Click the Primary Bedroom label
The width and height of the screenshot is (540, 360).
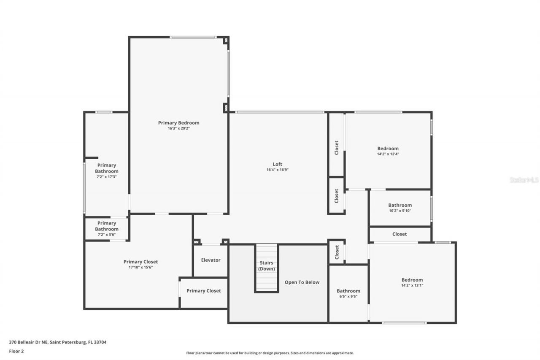point(178,123)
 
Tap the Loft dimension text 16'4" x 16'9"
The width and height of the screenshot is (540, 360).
point(277,170)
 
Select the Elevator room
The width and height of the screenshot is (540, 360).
point(211,260)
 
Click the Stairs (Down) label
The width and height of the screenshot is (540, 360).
point(266,266)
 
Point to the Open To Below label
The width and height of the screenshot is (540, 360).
point(302,282)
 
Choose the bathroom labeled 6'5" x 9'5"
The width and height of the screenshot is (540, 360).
point(348,294)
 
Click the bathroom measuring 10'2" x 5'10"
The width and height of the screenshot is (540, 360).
point(400,208)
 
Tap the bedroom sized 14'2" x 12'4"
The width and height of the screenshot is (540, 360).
point(388,151)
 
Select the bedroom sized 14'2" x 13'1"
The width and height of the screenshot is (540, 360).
point(412,282)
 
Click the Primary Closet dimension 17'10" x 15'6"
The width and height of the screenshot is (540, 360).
point(140,267)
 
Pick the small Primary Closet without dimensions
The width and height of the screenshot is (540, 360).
point(203,291)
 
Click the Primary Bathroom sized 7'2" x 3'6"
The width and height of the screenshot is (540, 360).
point(106,229)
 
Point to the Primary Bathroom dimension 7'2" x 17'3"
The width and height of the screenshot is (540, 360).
point(106,177)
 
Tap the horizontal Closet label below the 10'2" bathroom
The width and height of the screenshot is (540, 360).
point(400,234)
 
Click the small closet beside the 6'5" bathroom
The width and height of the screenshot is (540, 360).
point(337,252)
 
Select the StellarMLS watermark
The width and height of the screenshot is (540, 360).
point(524,180)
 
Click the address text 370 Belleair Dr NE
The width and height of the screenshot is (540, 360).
point(58,342)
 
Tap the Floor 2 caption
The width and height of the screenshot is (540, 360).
point(16,351)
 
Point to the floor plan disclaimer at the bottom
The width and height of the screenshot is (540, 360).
point(270,353)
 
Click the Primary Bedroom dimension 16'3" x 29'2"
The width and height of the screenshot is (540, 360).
point(178,128)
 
